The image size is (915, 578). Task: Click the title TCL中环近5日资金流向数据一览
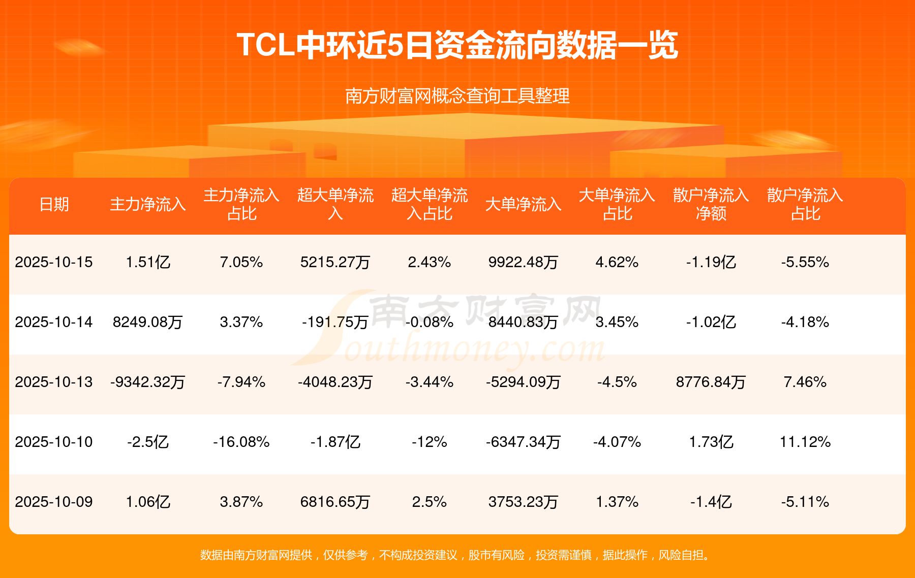pos(457,46)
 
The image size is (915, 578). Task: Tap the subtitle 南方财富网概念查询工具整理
pos(457,96)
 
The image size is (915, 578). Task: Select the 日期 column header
pos(54,204)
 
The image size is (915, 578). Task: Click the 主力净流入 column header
pos(147,204)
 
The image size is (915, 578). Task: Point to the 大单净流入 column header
pos(523,204)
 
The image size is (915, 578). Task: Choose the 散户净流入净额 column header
pos(711,204)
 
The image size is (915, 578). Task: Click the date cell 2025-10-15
pos(54,262)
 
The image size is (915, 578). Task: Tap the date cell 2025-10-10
pos(54,442)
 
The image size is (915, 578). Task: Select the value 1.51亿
pos(147,262)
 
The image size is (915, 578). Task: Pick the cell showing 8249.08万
pos(147,322)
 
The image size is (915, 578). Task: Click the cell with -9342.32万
pos(147,382)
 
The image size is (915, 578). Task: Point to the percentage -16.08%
pos(241,442)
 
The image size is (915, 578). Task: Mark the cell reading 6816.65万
pos(335,502)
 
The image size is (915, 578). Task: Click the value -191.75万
pos(335,322)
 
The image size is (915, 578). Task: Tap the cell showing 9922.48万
pos(523,262)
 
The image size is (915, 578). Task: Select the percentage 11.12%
pos(805,442)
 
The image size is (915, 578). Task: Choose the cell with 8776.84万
pos(711,382)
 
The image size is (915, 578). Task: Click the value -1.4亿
pos(711,502)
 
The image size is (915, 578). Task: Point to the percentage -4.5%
pos(617,382)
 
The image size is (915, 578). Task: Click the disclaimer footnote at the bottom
pos(457,555)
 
